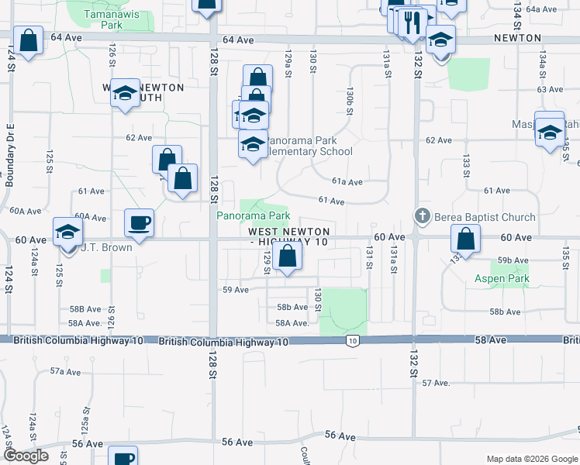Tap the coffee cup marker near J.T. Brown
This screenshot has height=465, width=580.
[x=140, y=223]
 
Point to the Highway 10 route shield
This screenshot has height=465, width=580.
[x=353, y=341]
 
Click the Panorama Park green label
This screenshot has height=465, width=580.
[x=253, y=215]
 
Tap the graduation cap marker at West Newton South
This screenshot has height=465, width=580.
[x=124, y=94]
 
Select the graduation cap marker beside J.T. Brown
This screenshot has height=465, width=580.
[x=67, y=231]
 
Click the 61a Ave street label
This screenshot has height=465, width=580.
[x=347, y=182]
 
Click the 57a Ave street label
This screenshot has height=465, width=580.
[x=67, y=372]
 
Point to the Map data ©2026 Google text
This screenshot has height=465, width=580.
[x=531, y=459]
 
